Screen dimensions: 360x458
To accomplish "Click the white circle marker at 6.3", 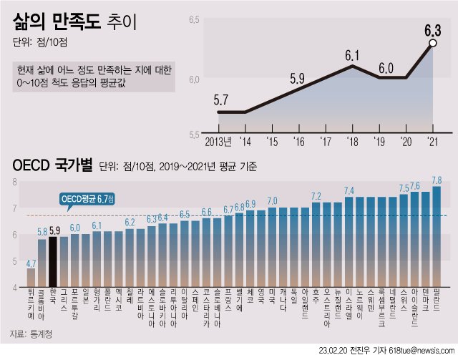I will click(x=432, y=44).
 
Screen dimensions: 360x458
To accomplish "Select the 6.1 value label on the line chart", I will click(x=351, y=54).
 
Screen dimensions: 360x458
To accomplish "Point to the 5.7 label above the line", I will click(x=222, y=99).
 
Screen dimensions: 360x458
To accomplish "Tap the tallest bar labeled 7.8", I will click(x=436, y=236).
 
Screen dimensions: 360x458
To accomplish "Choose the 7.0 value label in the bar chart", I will click(x=272, y=201).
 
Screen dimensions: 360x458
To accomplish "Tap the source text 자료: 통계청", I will click(x=32, y=334).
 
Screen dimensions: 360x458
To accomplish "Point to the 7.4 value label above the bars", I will click(x=349, y=190).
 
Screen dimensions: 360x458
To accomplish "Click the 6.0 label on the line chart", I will click(x=386, y=68).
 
